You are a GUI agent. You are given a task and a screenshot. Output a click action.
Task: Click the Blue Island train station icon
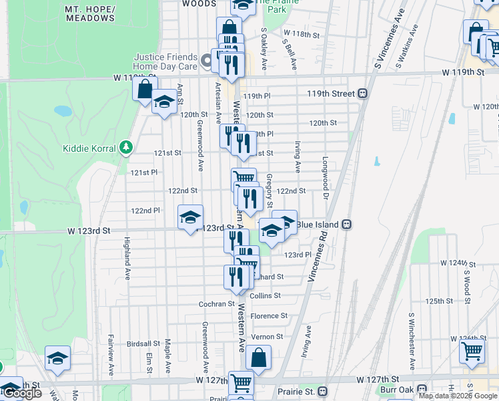coord(346,225)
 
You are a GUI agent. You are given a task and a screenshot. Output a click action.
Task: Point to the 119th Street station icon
coord(364,94)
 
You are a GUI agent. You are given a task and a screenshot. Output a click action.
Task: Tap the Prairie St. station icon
coord(323,390)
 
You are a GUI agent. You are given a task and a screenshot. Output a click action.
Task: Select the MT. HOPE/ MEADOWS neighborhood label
coord(90,13)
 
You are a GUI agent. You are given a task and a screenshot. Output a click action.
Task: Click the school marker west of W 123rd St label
coord(190,218)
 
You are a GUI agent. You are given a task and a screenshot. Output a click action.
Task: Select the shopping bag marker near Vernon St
coord(258,358)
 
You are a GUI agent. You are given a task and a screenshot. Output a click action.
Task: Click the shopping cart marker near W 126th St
coord(472,350)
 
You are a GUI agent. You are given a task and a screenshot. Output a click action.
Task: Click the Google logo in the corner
coord(21,393)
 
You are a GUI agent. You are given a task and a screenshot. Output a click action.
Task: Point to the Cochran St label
coord(216,304)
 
